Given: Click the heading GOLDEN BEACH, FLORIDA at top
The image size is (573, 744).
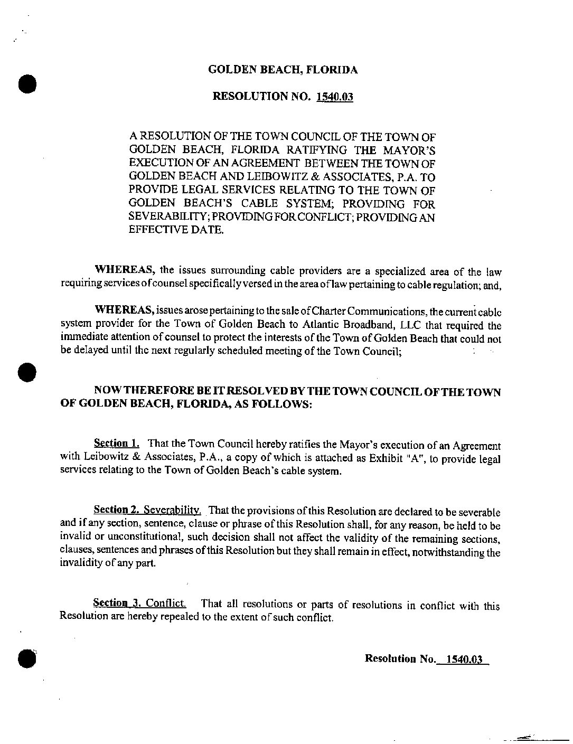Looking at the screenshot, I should click(x=283, y=70).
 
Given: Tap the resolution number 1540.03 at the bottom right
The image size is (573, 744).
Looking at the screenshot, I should click(x=464, y=659).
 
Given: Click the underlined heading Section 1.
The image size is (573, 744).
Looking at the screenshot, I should click(x=116, y=443).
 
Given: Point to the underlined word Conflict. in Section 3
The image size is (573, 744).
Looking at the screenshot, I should click(x=166, y=603).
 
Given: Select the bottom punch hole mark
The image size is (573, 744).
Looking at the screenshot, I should click(x=27, y=658).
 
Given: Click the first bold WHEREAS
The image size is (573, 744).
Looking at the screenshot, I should click(x=124, y=270).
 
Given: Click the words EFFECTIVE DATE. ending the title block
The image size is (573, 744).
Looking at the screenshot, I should click(x=176, y=231).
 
